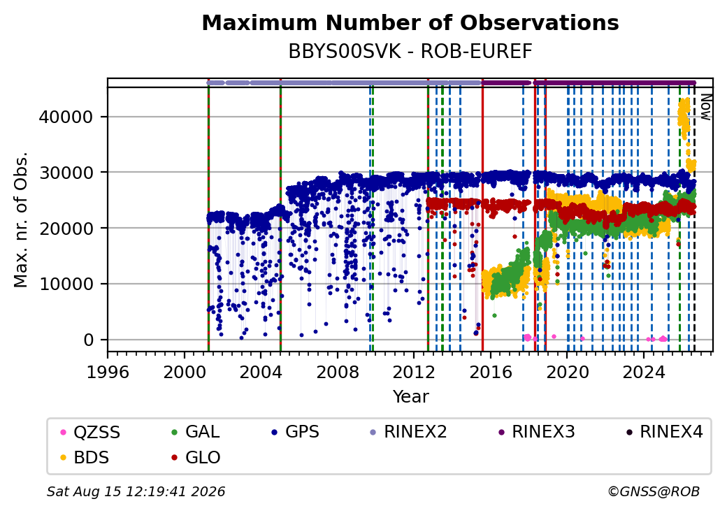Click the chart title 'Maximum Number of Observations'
(x=410, y=22)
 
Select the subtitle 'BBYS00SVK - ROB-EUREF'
(x=410, y=52)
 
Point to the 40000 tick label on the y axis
(x=66, y=117)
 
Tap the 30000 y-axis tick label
(x=66, y=173)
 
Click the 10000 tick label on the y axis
(x=66, y=284)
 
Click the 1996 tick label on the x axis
(x=108, y=372)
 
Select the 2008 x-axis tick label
(x=338, y=372)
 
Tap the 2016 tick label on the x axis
(x=491, y=372)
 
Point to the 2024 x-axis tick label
(x=644, y=372)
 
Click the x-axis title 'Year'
(x=411, y=397)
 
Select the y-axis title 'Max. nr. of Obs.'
(x=21, y=219)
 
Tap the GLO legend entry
(x=196, y=458)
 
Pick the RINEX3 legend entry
(x=536, y=432)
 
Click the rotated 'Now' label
(x=705, y=107)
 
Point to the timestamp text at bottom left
(x=136, y=491)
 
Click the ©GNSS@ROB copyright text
(x=654, y=491)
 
